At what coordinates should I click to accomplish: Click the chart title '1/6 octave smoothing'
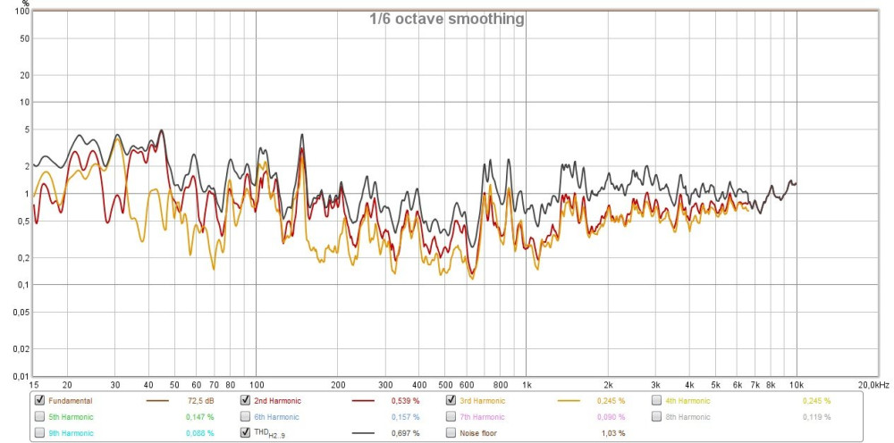pos(447,19)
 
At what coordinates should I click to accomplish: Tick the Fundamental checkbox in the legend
pos(39,400)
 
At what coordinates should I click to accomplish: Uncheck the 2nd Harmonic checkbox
pos(246,400)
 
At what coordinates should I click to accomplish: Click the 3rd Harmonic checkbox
pos(451,400)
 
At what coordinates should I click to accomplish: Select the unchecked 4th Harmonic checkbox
pos(657,400)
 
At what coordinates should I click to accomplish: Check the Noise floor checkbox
pos(451,432)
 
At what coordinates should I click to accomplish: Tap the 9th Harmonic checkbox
pos(39,432)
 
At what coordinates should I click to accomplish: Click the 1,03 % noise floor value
pos(611,433)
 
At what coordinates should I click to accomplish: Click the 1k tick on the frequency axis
pos(526,384)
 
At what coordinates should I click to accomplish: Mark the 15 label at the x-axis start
pos(33,384)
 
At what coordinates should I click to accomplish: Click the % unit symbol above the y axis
pos(25,4)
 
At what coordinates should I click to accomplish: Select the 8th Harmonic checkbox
pos(657,416)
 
